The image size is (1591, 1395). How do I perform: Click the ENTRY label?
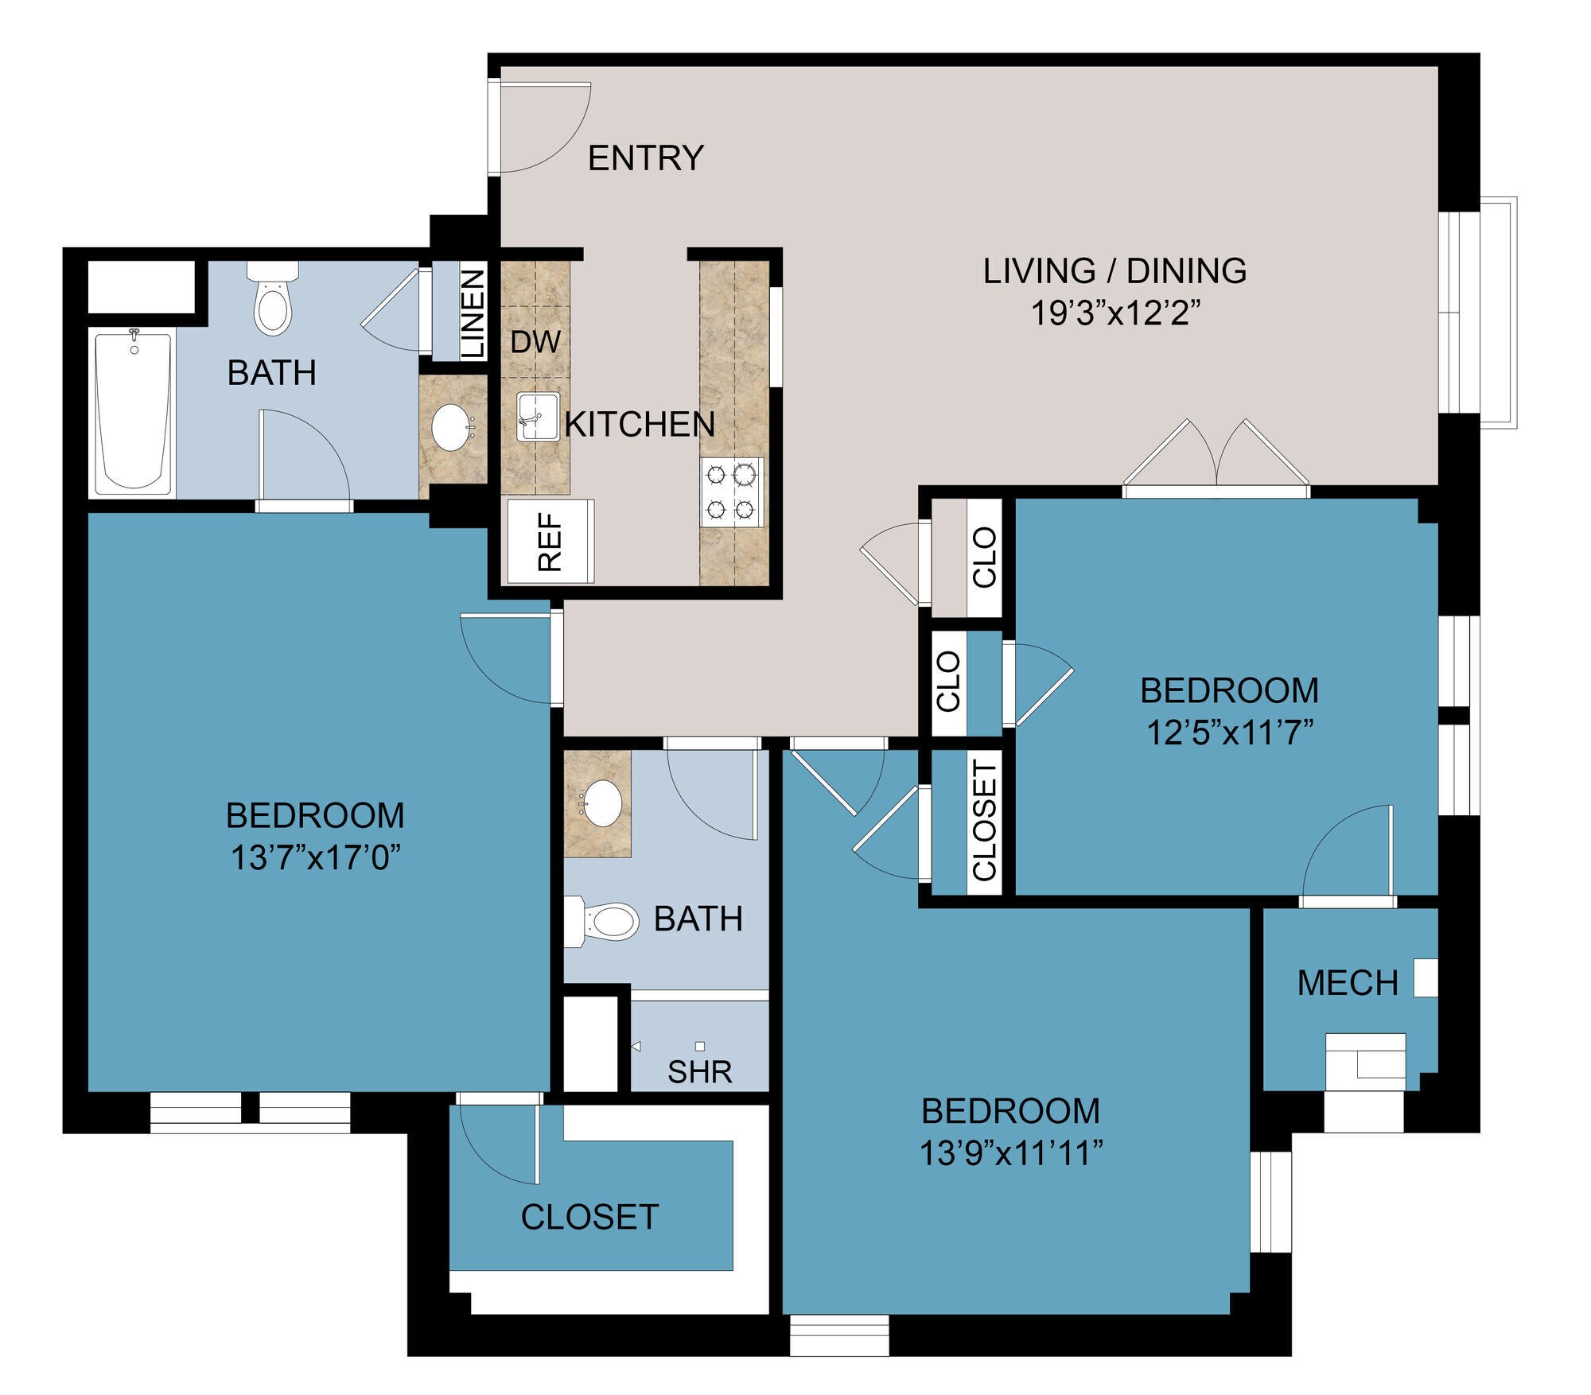pyautogui.click(x=645, y=158)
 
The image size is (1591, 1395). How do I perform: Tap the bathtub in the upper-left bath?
pyautogui.click(x=133, y=412)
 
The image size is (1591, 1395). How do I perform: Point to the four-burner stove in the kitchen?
pyautogui.click(x=731, y=492)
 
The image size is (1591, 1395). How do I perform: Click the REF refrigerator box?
pyautogui.click(x=550, y=542)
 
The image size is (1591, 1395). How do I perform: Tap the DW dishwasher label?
pyautogui.click(x=535, y=342)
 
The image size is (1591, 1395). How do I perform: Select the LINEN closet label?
pyautogui.click(x=473, y=313)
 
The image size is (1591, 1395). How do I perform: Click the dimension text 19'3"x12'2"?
pyautogui.click(x=1114, y=313)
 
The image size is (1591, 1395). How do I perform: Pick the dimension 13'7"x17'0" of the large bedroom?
pyautogui.click(x=315, y=858)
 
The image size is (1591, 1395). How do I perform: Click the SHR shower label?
pyautogui.click(x=699, y=1072)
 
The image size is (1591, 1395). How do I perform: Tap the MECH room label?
pyautogui.click(x=1347, y=984)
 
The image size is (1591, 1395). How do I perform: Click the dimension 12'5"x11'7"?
pyautogui.click(x=1229, y=732)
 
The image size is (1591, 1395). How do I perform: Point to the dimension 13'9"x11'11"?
pyautogui.click(x=1010, y=1153)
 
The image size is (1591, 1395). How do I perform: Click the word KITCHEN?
pyautogui.click(x=640, y=425)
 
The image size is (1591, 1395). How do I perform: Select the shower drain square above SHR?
pyautogui.click(x=700, y=1046)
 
